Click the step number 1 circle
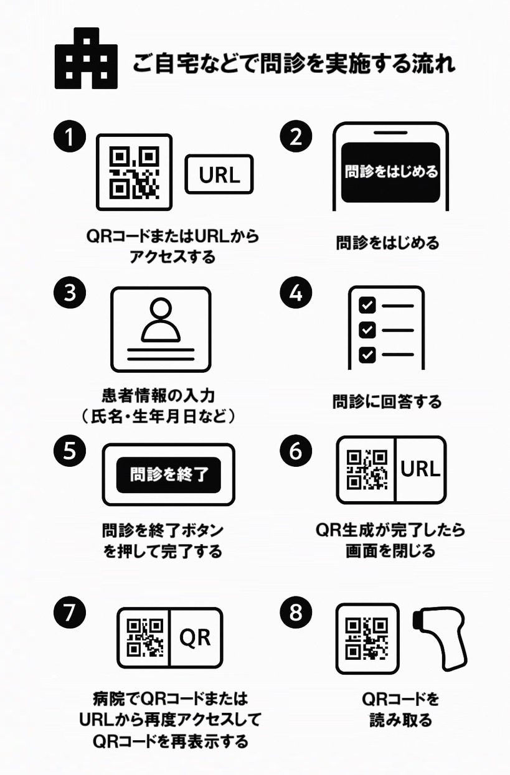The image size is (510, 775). coord(70,137)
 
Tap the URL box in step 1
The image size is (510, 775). coord(219,175)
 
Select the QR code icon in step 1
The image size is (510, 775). coord(134,172)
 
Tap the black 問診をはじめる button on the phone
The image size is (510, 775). coord(391,171)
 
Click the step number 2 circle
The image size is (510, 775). coord(295,137)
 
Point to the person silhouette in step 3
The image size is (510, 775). coord(161,320)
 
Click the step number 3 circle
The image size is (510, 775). coord(70,293)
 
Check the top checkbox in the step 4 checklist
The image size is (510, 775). coord(368,305)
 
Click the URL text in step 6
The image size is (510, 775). coord(421,469)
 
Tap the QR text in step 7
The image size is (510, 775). coord(195,637)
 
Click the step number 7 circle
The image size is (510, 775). coord(70,613)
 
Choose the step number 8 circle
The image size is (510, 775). coord(295,613)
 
